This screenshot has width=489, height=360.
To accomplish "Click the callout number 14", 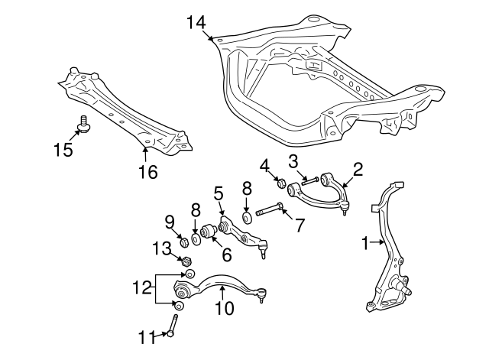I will coord(196,22).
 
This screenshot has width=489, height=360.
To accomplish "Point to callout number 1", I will coord(365,243).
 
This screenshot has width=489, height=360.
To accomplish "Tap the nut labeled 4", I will coord(280,183).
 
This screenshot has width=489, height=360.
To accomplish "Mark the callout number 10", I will coord(225,310).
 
